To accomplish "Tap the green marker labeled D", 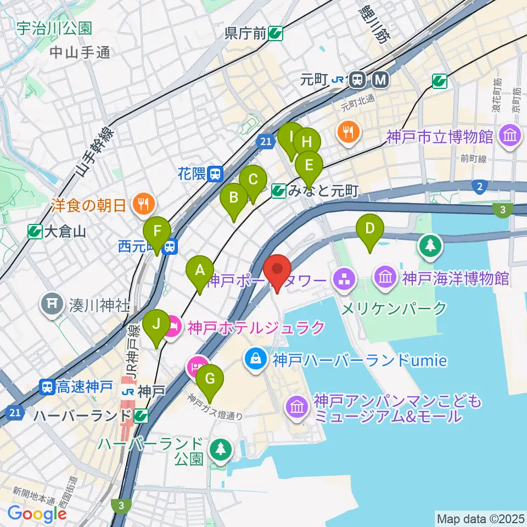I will click(x=370, y=228).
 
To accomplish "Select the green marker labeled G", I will click(x=209, y=379).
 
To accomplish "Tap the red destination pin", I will click(x=277, y=270).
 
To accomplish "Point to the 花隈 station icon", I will click(x=216, y=174).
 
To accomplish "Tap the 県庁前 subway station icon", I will click(x=276, y=34).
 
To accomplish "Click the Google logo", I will click(x=37, y=514).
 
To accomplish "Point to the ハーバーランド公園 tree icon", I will click(x=220, y=448).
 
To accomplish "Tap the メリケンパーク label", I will click(x=394, y=309).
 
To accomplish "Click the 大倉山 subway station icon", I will click(x=36, y=232).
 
